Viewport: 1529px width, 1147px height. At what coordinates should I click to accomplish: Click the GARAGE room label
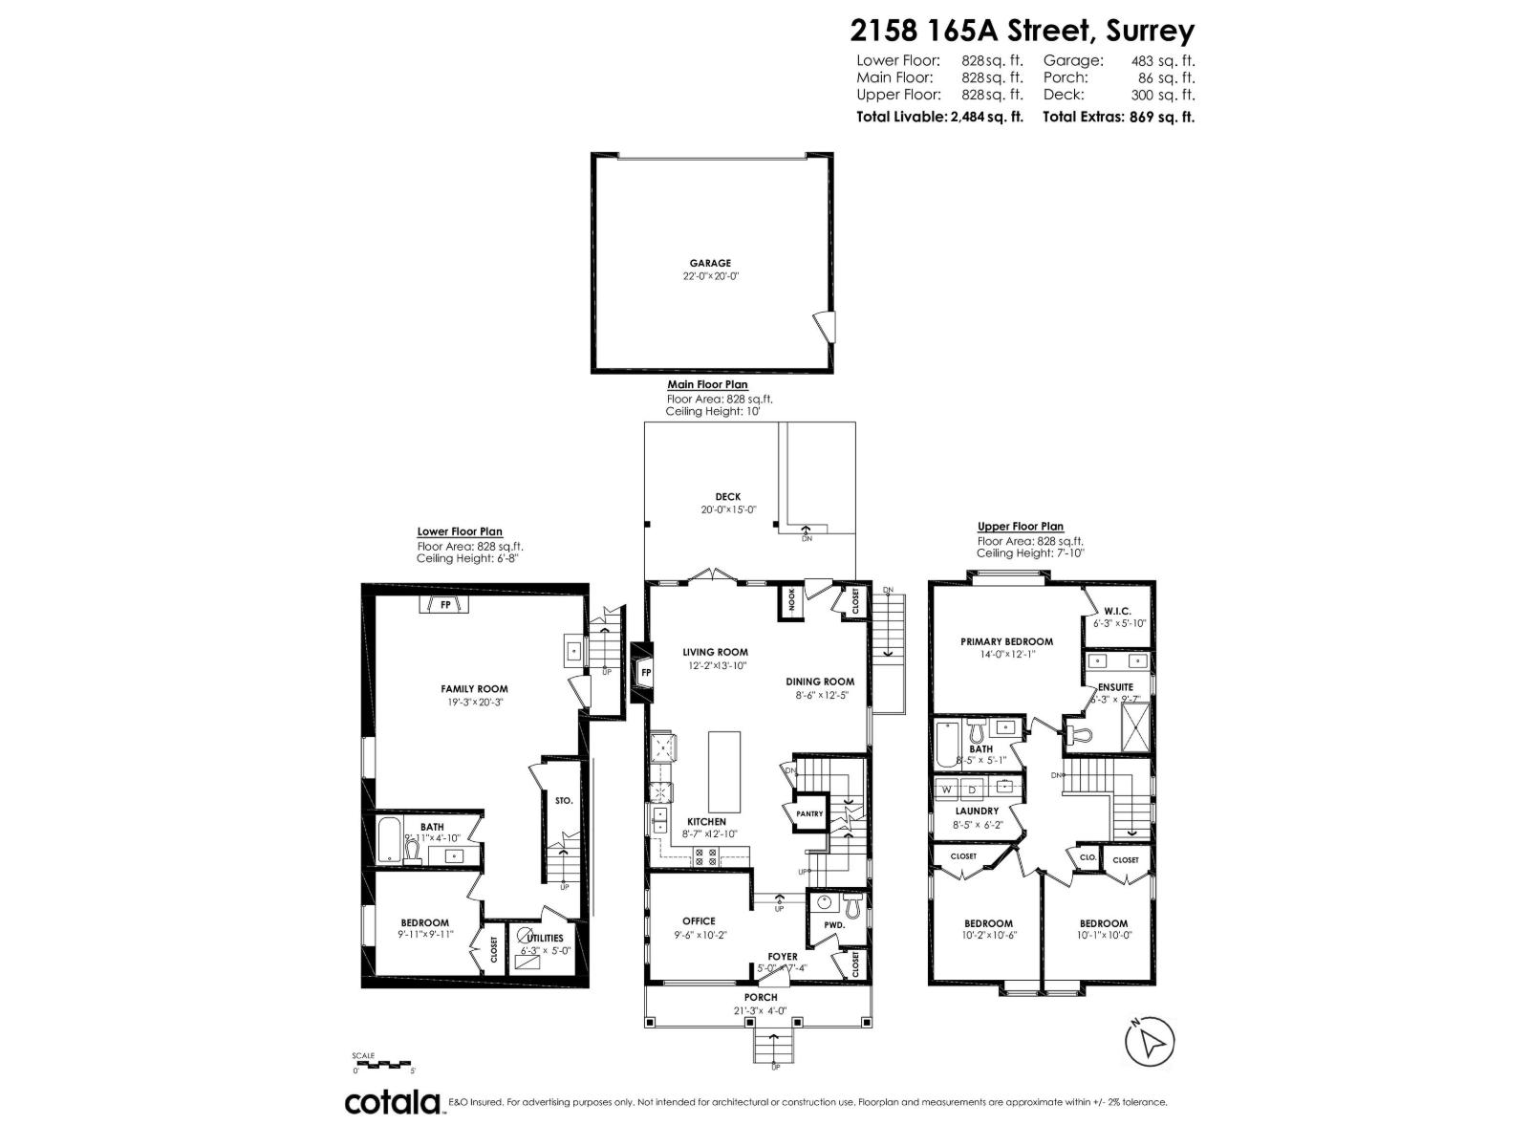[x=710, y=263]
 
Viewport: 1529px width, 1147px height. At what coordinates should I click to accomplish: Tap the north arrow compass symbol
[x=1151, y=1041]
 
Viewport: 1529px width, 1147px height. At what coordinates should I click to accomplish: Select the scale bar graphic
[x=381, y=1064]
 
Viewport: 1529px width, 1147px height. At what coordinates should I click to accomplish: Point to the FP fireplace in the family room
[x=444, y=605]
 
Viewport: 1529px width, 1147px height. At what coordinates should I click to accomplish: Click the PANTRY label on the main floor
[x=808, y=813]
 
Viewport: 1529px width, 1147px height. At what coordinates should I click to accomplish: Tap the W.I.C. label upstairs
[x=1117, y=611]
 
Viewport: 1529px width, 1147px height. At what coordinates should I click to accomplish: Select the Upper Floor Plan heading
[x=1020, y=527]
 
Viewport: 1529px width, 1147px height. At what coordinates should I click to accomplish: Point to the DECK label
[x=727, y=497]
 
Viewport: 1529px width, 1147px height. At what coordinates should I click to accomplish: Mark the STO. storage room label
[x=563, y=800]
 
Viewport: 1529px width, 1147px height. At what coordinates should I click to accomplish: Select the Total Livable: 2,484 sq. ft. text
[x=939, y=117]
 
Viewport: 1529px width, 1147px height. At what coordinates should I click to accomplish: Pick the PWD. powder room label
[x=834, y=926]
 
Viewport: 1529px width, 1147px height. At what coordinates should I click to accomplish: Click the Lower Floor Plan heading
[x=459, y=532]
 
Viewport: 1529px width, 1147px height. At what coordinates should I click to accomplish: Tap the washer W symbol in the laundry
[x=947, y=789]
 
